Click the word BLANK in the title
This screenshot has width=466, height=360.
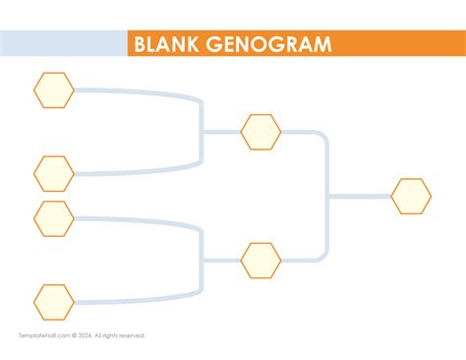tap(167, 44)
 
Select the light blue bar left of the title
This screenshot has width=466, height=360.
tap(64, 44)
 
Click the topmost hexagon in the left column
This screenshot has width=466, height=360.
tap(54, 90)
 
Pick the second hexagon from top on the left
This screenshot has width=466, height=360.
tap(54, 174)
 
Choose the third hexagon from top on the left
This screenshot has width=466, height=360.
tap(54, 218)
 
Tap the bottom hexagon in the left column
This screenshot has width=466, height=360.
tap(54, 302)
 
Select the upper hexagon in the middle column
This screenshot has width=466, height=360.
tap(261, 132)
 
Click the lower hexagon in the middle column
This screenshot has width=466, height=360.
tap(261, 261)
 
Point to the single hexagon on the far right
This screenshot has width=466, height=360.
tap(411, 197)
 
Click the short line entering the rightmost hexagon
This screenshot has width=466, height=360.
tap(359, 197)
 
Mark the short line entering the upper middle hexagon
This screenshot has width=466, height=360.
tap(221, 132)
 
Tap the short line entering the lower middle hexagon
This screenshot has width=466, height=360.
tap(221, 261)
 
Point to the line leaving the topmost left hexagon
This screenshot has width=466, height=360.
tap(128, 91)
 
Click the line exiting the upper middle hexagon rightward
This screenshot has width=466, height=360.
tap(300, 132)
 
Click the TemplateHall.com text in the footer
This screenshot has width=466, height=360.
tap(41, 335)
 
